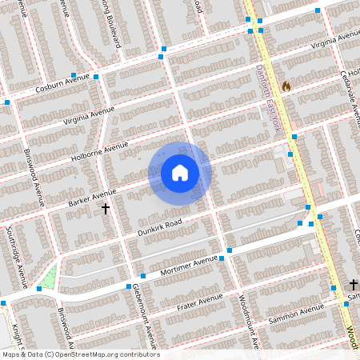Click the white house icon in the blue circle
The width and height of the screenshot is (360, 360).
tap(180, 172)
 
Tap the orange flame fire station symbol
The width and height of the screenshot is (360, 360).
tap(286, 85)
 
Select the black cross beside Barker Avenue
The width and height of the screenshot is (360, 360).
tap(105, 209)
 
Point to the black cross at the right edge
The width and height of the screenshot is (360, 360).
tap(353, 284)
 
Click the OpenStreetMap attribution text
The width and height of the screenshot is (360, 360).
tap(80, 354)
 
